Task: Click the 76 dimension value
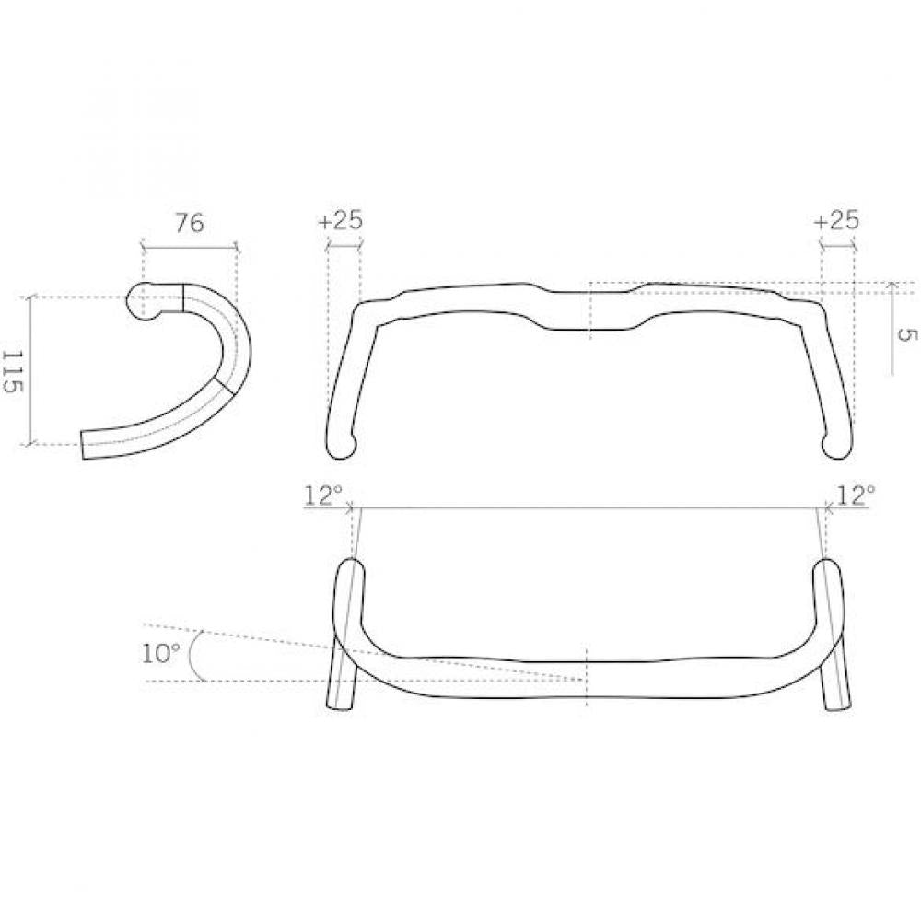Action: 190,224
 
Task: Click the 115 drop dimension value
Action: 13,372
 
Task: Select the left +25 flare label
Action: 340,220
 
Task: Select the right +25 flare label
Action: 836,220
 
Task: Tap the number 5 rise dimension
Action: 907,334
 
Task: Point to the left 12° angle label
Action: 322,495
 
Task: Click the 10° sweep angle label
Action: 160,653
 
